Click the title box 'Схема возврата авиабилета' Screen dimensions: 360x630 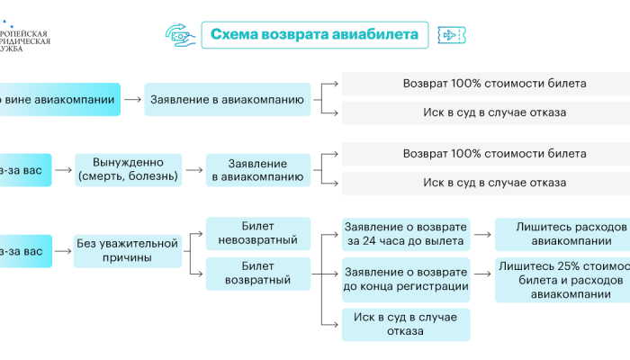click(x=314, y=35)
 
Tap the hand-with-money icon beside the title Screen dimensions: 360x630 click(x=179, y=35)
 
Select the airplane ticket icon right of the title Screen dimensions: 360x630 click(x=450, y=35)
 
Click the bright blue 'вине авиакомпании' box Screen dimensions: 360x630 click(x=59, y=98)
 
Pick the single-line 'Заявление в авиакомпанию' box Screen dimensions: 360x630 click(x=226, y=98)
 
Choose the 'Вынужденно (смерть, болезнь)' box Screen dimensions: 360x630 click(x=127, y=169)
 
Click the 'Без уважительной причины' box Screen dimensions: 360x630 click(x=127, y=249)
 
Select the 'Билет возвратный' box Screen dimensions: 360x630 click(x=257, y=273)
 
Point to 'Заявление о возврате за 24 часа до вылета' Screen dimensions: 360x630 click(x=405, y=234)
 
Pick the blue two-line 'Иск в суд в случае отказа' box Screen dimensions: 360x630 click(x=405, y=323)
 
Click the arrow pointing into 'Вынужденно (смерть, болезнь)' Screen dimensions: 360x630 click(x=64, y=169)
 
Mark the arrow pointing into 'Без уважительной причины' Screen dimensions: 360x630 click(x=64, y=249)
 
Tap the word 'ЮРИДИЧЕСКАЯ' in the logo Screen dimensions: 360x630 click(x=25, y=40)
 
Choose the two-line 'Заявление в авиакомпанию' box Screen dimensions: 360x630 click(x=257, y=169)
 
